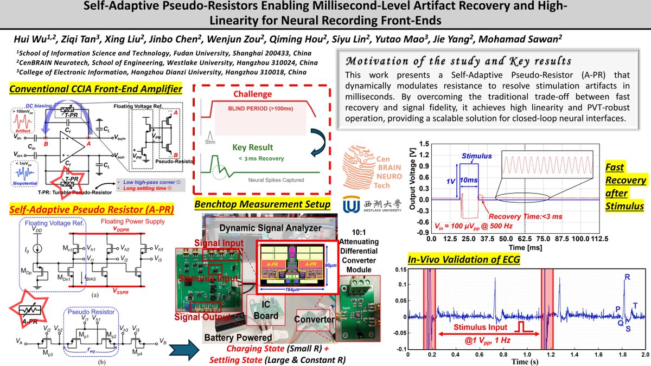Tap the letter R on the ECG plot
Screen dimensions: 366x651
(x=627, y=277)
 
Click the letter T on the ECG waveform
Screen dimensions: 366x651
(x=635, y=305)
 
